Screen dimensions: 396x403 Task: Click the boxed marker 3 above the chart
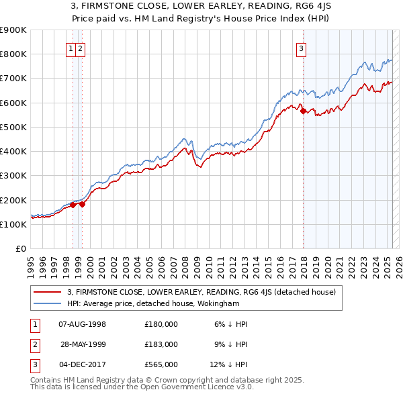[302, 48]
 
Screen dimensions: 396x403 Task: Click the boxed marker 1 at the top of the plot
[71, 48]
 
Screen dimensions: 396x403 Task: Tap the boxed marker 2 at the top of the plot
[80, 48]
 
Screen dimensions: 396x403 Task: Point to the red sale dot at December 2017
[303, 111]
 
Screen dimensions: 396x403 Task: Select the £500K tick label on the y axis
[13, 127]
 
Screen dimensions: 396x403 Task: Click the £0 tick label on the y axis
[21, 248]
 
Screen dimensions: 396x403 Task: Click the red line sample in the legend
[48, 292]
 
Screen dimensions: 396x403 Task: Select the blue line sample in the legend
[48, 303]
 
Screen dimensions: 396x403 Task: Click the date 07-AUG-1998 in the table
[83, 324]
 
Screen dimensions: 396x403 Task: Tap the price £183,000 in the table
[161, 344]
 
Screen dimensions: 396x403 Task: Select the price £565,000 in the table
[161, 364]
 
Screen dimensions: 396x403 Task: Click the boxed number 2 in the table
[34, 344]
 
